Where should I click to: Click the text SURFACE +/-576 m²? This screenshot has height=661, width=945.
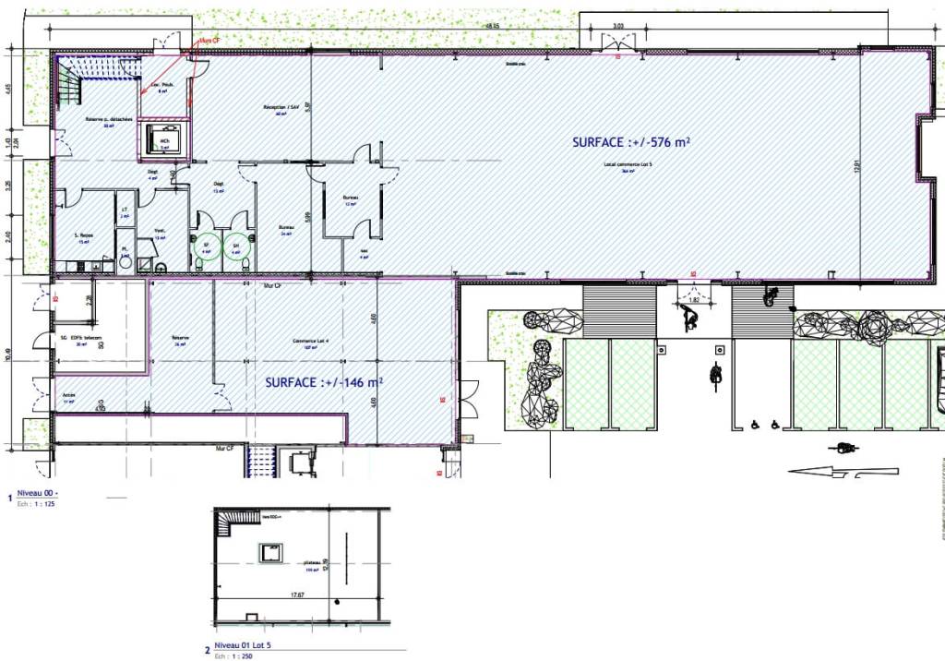coord(631,142)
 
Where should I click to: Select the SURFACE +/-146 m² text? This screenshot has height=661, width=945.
coord(324,381)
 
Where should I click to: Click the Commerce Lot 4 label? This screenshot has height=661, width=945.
coord(305,341)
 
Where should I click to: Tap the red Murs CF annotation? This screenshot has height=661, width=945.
coord(209,42)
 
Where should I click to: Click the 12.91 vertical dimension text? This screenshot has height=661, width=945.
coord(857,167)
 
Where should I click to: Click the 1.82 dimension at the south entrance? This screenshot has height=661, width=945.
coord(694,300)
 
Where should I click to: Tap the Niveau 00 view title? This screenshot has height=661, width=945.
coord(37,495)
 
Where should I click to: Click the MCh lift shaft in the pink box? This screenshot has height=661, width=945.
coord(165,138)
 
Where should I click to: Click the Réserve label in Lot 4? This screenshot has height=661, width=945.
coord(180,338)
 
